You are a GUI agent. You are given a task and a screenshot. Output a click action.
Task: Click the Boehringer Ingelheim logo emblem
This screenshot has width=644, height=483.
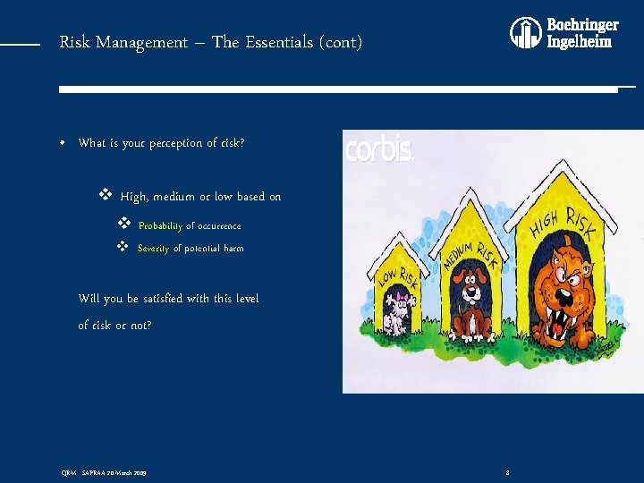coord(526,33)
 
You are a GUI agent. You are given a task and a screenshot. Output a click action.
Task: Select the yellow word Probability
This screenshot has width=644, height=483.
coord(160,226)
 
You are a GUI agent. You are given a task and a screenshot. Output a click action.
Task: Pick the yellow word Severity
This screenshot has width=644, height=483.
coord(153,249)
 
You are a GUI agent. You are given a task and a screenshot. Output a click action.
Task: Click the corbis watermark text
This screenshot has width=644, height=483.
coord(379,149)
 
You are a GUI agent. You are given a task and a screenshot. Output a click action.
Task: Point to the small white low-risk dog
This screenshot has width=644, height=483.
coord(396,313)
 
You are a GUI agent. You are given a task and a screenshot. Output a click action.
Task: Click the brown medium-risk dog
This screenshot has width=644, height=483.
coord(471,304)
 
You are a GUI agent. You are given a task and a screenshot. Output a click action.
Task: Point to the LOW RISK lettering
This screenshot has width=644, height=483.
coord(397,279)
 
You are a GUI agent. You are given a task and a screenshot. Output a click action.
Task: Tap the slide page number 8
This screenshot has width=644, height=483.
coord(507,470)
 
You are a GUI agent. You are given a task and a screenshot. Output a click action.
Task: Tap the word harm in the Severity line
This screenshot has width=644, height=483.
coord(233,249)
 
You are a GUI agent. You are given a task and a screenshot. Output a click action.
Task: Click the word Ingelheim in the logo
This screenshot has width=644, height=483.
coord(580,42)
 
